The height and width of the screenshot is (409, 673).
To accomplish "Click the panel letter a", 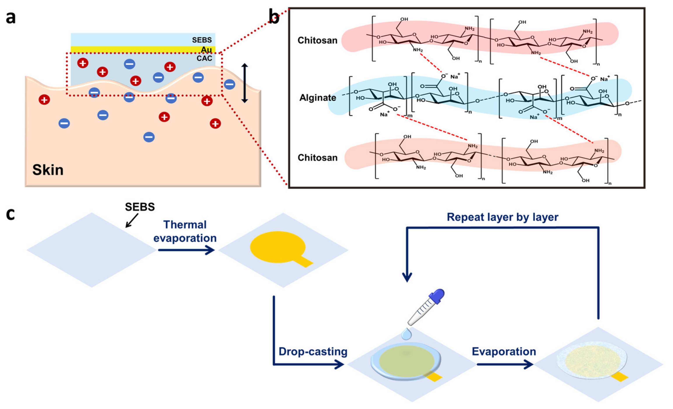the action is pyautogui.click(x=11, y=18).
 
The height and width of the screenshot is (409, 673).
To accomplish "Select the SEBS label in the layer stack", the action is pyautogui.click(x=202, y=40).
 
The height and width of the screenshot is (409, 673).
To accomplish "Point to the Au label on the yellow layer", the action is pyautogui.click(x=206, y=50).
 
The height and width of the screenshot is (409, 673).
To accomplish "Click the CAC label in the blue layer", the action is pyautogui.click(x=204, y=58).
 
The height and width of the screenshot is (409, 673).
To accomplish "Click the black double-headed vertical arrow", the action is pyautogui.click(x=244, y=83).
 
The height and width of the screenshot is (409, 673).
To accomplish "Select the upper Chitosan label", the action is pyautogui.click(x=317, y=40).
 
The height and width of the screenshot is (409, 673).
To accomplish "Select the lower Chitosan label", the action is pyautogui.click(x=317, y=158).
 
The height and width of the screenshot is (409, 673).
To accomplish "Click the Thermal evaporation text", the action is pyautogui.click(x=185, y=231).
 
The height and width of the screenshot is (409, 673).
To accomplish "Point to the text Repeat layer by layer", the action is pyautogui.click(x=503, y=217).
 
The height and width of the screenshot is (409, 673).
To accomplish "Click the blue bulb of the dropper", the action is pyautogui.click(x=437, y=296).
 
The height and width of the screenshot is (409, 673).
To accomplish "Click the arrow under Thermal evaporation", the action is pyautogui.click(x=186, y=250).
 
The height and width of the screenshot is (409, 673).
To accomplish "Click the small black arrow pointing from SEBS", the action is pyautogui.click(x=132, y=221).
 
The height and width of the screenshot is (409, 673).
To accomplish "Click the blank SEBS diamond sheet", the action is pyautogui.click(x=92, y=250).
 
